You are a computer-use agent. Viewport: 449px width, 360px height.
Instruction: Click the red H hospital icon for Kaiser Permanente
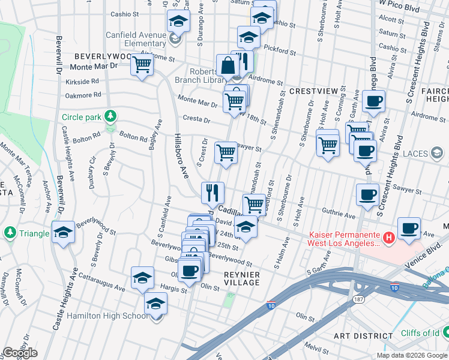tap(389, 238)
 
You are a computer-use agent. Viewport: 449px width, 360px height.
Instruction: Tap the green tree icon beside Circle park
tap(110, 116)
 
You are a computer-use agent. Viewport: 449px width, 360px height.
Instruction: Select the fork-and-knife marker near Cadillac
tap(212, 193)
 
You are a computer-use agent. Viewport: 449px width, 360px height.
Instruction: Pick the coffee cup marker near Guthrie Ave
tap(367, 194)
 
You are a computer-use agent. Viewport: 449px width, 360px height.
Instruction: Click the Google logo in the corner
tap(20, 353)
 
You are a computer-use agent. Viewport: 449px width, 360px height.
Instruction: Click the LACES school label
tap(415, 154)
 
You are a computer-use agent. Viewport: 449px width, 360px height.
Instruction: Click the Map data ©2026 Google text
tap(412, 355)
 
